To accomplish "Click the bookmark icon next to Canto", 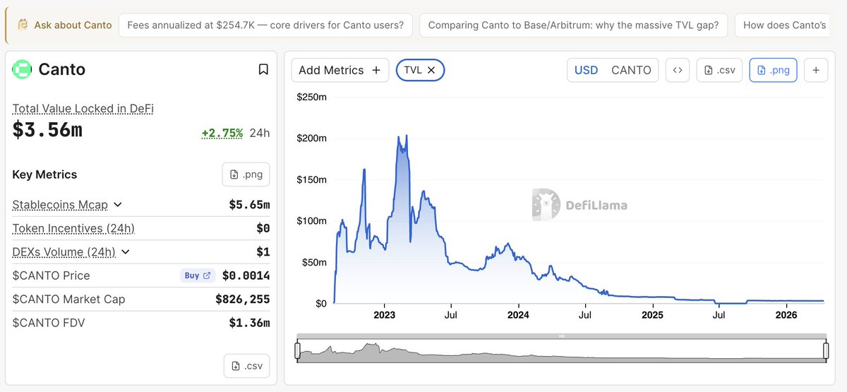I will click(x=263, y=69).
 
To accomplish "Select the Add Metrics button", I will click(x=340, y=70).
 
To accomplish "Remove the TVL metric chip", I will click(x=431, y=70).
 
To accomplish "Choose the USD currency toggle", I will click(x=586, y=70).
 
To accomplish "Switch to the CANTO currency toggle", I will click(x=631, y=70).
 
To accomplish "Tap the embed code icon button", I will click(x=678, y=70).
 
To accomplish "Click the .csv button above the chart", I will click(x=719, y=70).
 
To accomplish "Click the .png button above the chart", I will click(x=773, y=70).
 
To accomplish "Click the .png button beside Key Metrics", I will click(x=246, y=174).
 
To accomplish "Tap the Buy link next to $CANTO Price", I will click(x=197, y=275).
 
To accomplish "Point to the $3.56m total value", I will click(x=47, y=131).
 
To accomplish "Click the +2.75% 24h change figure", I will click(x=222, y=133).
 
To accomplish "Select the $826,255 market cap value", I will click(x=242, y=299).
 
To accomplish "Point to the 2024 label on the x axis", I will click(x=518, y=315).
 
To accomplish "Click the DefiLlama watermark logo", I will click(x=579, y=205).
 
